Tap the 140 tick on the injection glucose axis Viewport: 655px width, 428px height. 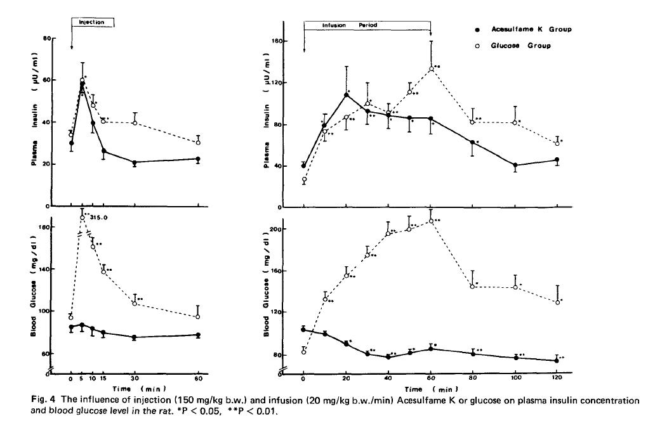[x=46, y=269]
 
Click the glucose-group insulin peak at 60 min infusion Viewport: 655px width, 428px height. [x=431, y=68]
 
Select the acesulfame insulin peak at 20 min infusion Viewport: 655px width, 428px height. [x=347, y=95]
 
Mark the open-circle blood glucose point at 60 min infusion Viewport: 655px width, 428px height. [x=431, y=221]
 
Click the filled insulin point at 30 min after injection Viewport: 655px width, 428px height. [x=135, y=163]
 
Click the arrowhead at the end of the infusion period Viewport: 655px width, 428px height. [x=431, y=35]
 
